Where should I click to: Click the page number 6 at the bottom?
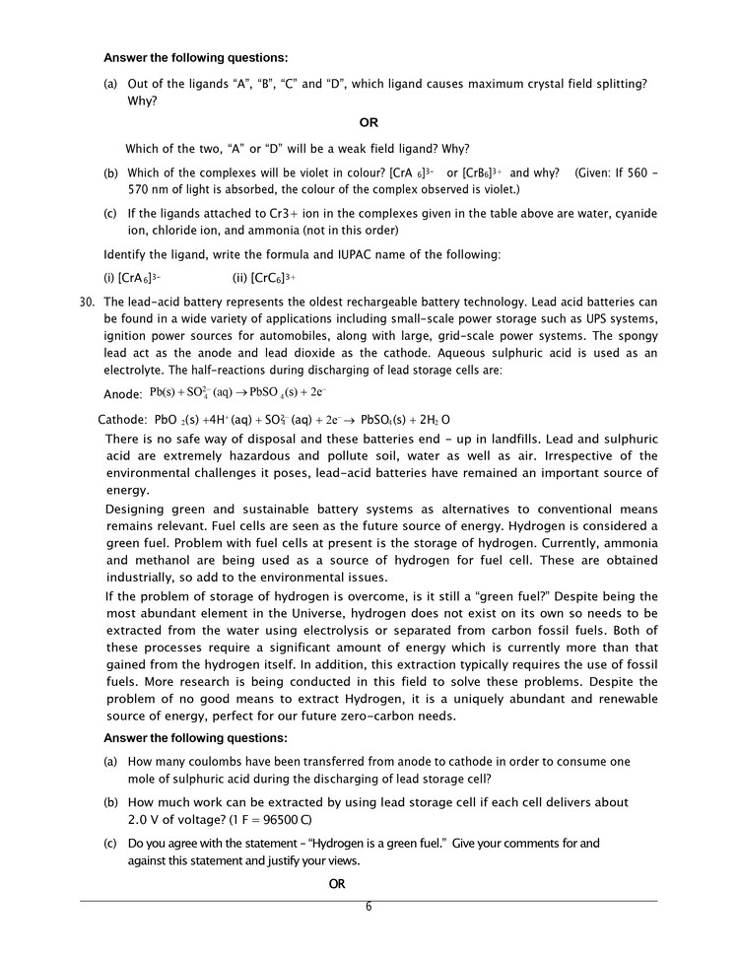point(369,907)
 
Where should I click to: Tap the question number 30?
point(87,303)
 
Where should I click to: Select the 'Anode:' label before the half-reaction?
point(123,394)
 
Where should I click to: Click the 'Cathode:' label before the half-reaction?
point(122,419)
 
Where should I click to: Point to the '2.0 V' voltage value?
point(144,820)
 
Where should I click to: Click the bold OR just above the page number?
point(337,884)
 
